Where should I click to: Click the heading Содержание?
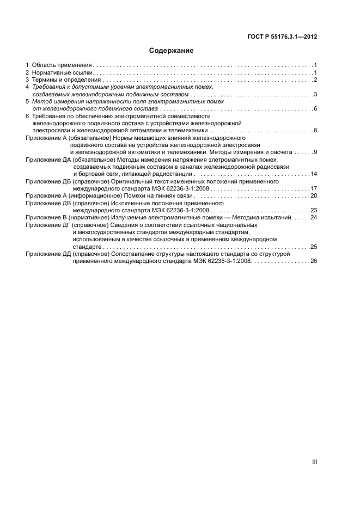tap(172, 51)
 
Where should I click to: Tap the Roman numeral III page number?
tap(314, 462)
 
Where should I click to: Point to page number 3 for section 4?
tap(315, 95)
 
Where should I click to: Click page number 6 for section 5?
tap(315, 109)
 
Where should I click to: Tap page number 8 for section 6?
tap(315, 131)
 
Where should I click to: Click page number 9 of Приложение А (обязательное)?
tap(315, 152)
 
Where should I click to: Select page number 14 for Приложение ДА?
tap(314, 174)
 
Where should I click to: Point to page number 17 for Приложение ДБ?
tap(314, 188)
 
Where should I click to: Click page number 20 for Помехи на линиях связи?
tap(314, 195)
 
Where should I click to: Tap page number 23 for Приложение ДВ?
tap(314, 210)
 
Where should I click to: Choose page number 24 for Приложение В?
tap(314, 217)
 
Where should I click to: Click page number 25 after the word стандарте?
tap(314, 247)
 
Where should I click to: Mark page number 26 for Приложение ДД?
tap(314, 261)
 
